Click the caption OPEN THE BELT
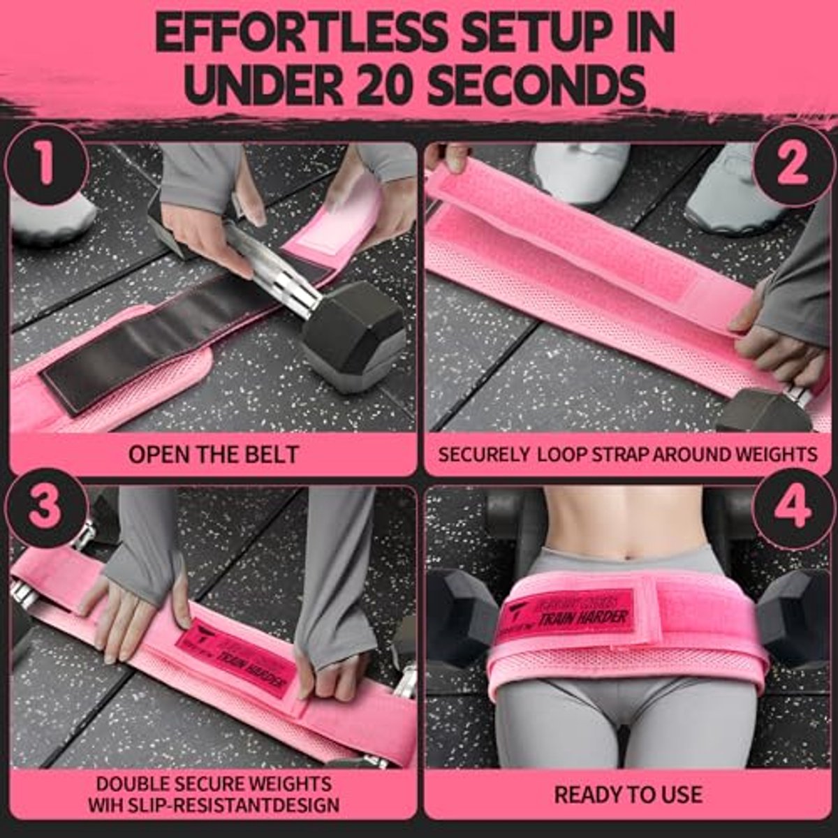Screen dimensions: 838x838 coord(213,455)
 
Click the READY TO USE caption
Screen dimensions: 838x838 coord(628,794)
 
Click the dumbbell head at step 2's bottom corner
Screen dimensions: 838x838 coord(758,412)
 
